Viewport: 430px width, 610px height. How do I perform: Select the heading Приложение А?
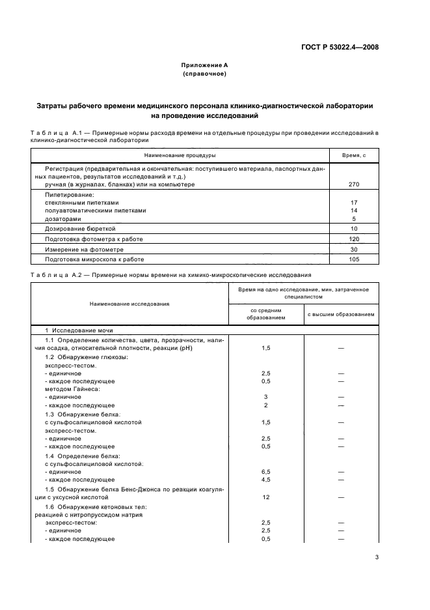204,66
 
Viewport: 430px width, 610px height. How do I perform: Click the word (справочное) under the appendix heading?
204,74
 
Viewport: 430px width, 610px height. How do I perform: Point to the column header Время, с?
354,155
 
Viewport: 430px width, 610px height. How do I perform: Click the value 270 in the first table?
354,184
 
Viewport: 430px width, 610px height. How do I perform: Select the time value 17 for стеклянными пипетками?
354,202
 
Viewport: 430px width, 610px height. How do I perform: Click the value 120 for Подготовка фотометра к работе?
354,239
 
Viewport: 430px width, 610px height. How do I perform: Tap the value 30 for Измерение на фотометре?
354,250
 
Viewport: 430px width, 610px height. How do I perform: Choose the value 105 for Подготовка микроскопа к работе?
354,259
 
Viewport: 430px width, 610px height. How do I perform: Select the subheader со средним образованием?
265,314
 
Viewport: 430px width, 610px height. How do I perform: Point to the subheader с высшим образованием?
341,314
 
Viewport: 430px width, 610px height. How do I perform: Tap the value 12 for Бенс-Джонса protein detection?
265,497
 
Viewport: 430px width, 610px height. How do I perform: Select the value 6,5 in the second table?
265,471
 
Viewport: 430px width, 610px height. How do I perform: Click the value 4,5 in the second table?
265,479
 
